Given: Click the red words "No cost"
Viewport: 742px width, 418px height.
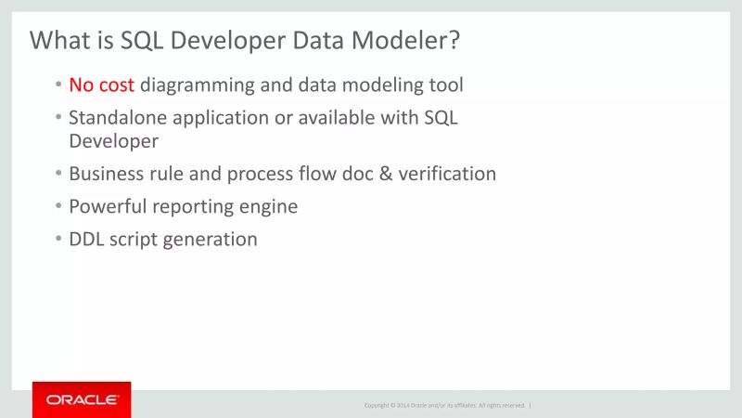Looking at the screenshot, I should [102, 85].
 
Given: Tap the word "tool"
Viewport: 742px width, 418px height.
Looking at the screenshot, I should [445, 85].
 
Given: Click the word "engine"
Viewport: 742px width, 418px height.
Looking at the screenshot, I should [267, 207].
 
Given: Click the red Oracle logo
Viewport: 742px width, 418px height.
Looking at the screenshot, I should [82, 399].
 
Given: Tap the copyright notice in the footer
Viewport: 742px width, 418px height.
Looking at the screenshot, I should [444, 405].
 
